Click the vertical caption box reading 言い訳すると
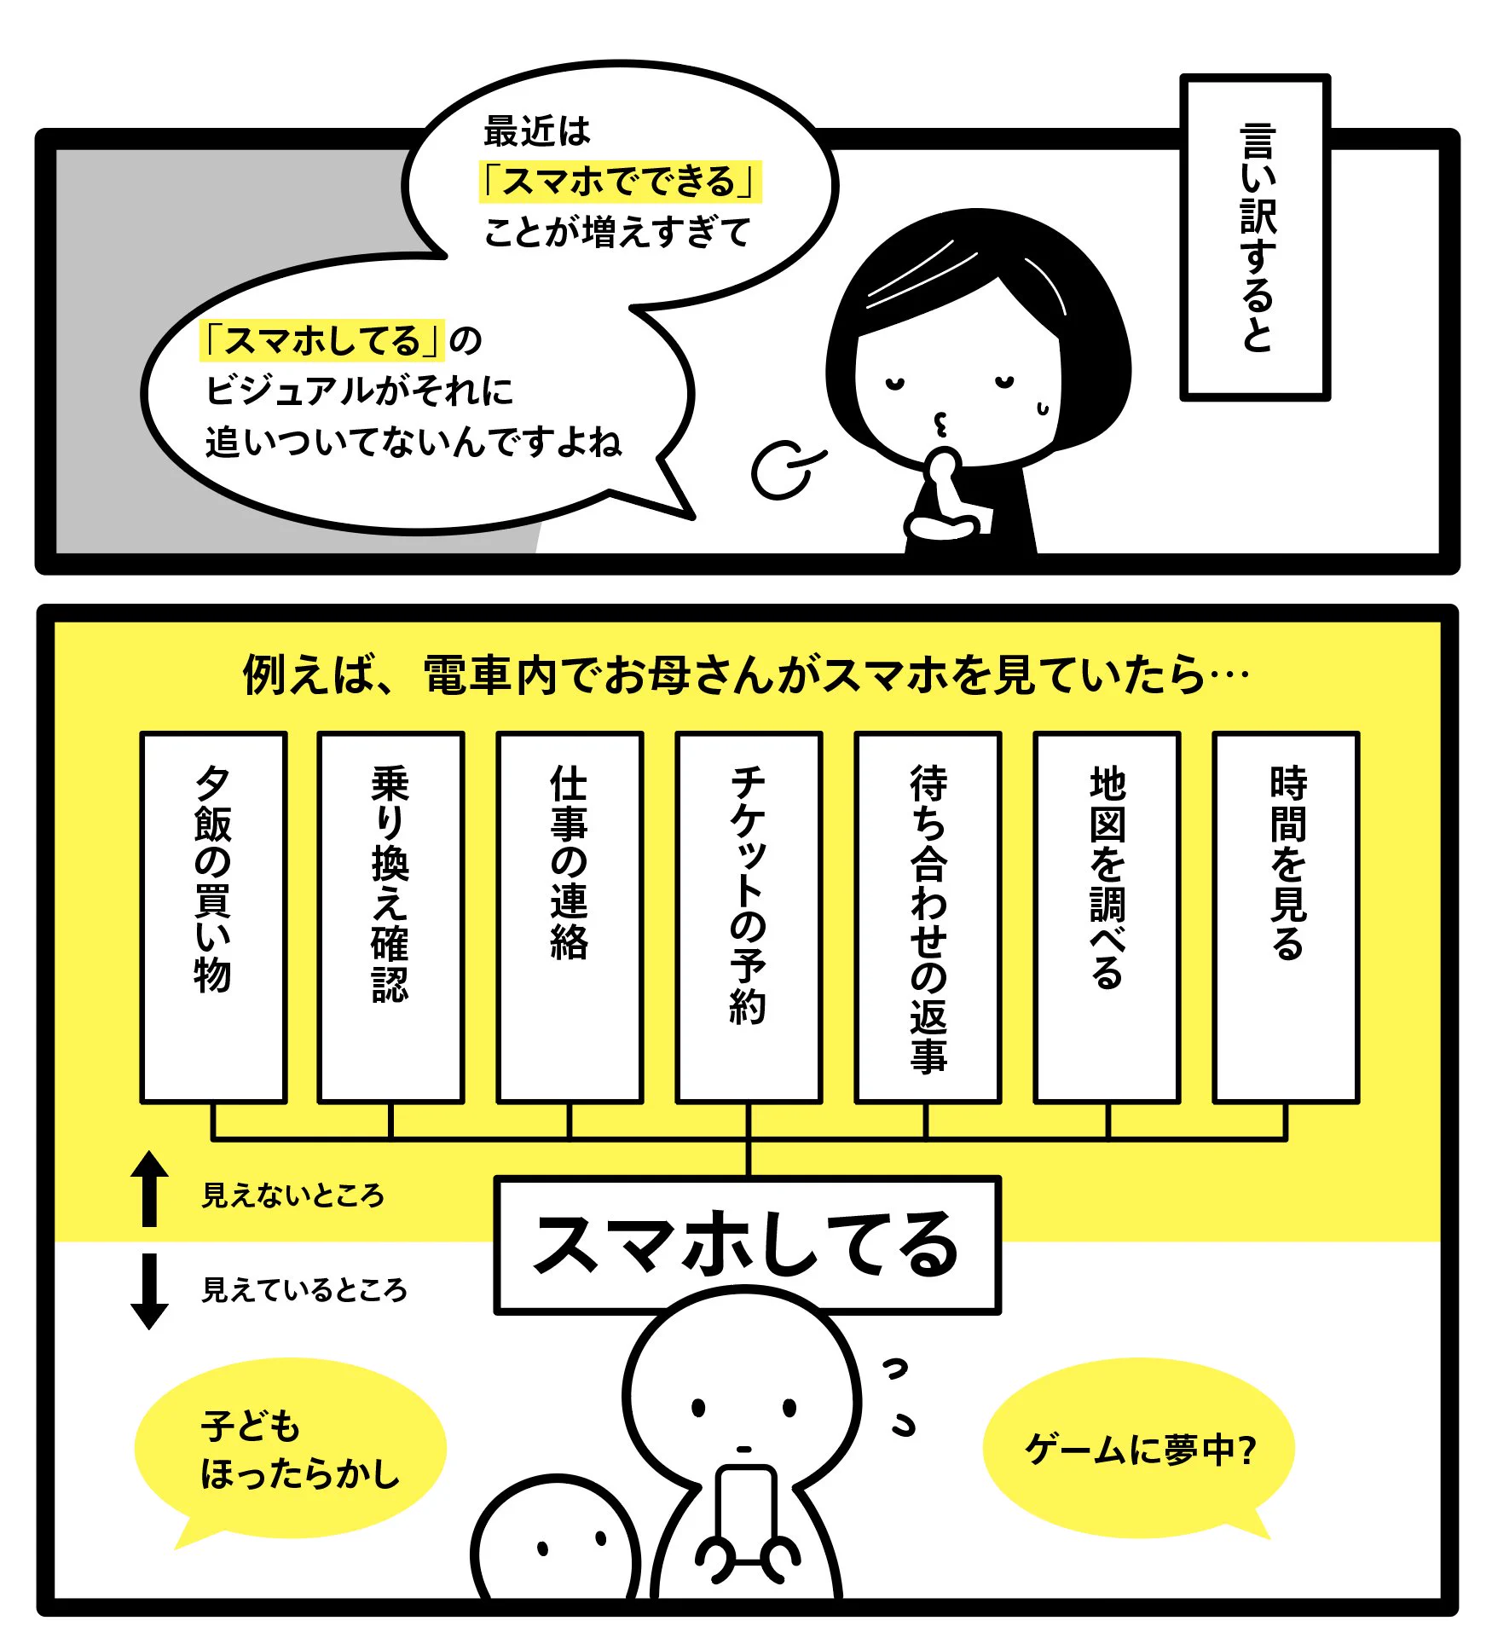(1254, 237)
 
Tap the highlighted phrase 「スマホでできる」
(620, 182)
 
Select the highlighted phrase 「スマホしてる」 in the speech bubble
(322, 340)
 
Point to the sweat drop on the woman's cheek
(1042, 409)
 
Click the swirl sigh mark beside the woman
(783, 469)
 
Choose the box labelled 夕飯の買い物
(213, 917)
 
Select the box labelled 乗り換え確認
(390, 917)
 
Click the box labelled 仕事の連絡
(570, 917)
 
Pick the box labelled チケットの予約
(749, 917)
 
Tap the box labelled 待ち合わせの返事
(928, 917)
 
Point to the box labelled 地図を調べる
(1107, 917)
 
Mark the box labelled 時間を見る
(1286, 917)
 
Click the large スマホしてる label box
(747, 1246)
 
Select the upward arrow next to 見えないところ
(149, 1189)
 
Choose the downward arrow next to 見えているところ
(149, 1290)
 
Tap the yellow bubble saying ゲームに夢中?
(1139, 1449)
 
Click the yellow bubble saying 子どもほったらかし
(290, 1449)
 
